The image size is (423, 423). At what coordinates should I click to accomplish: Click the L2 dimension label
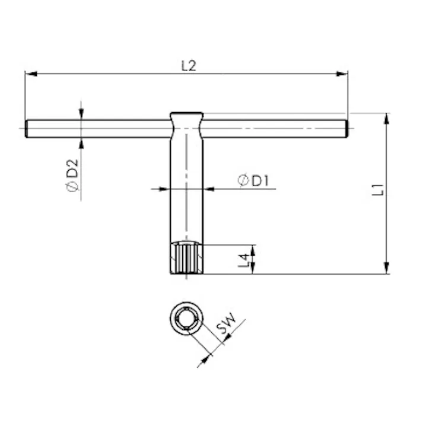[x=188, y=66]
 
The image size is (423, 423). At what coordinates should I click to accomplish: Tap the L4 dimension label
[x=243, y=259]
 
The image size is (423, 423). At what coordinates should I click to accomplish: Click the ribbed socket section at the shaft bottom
[x=186, y=258]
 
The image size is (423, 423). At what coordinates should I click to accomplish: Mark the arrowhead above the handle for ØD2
[x=81, y=115]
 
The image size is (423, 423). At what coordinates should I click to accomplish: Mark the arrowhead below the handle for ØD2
[x=81, y=142]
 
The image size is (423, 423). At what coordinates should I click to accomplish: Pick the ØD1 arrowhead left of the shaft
[x=166, y=189]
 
